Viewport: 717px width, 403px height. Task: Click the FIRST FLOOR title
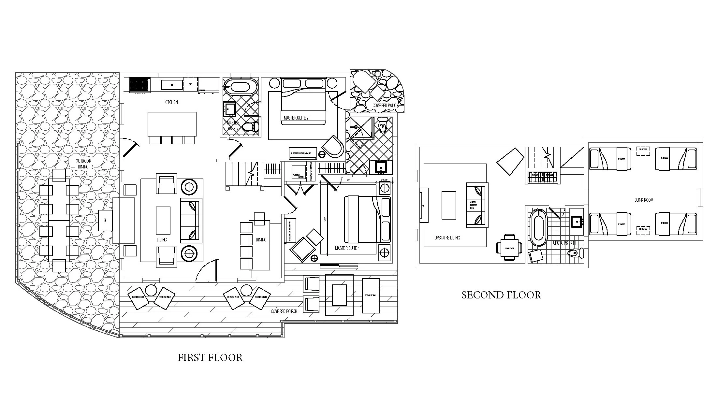click(210, 358)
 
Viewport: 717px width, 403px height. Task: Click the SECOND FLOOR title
click(501, 295)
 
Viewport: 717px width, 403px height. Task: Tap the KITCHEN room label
click(171, 102)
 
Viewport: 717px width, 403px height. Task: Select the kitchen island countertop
click(172, 124)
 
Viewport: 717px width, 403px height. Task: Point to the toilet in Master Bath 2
click(251, 126)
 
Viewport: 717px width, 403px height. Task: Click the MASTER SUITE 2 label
click(296, 118)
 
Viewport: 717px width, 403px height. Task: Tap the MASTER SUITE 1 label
click(347, 248)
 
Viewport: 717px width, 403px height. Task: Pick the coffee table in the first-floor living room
click(163, 220)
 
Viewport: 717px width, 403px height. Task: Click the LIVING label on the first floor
click(162, 240)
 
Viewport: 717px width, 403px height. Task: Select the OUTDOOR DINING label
click(83, 164)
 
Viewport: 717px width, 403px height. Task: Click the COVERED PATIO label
click(385, 106)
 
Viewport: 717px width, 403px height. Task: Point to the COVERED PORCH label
click(284, 311)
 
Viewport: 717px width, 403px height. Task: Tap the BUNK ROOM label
click(644, 200)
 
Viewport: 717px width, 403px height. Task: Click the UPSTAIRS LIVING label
click(447, 238)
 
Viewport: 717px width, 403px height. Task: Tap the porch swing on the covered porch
click(371, 295)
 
